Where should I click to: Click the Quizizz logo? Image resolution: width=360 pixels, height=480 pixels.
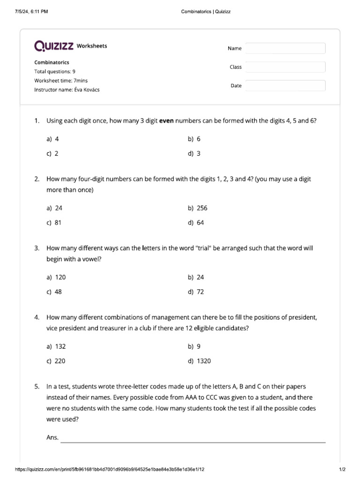[53, 46]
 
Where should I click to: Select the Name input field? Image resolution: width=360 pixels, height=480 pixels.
[285, 48]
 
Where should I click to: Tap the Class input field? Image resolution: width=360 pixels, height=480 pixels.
[285, 67]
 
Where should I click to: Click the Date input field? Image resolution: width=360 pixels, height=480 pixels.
[285, 86]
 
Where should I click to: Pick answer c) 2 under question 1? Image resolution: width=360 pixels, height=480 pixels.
[52, 153]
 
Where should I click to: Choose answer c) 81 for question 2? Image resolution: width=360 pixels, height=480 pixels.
[54, 223]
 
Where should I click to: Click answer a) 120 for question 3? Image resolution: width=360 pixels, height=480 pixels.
[56, 277]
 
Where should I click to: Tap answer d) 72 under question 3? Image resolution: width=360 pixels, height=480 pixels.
[196, 292]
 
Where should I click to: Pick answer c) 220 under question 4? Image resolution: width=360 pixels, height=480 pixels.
[56, 360]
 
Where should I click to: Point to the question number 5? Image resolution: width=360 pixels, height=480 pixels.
[37, 387]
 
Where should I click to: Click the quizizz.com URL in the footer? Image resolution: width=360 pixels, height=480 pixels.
[110, 469]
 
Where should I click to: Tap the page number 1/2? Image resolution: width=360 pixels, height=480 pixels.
[342, 469]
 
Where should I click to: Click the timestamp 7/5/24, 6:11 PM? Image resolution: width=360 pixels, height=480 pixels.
[31, 12]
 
